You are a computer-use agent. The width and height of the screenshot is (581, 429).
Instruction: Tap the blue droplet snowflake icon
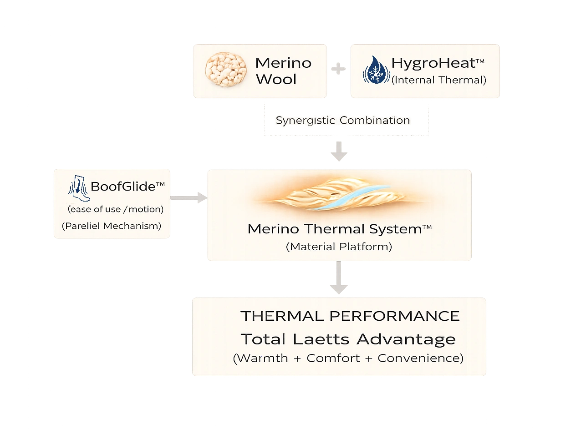376,71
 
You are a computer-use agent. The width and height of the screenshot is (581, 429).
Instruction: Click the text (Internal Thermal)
439,80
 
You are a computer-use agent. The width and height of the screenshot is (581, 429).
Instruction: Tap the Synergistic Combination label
342,121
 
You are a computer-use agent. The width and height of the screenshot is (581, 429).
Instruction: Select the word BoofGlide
127,187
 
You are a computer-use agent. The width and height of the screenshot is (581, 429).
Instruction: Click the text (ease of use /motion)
115,209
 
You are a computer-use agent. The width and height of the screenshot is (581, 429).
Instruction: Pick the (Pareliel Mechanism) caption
112,226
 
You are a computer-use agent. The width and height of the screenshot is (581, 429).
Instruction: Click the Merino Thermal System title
339,229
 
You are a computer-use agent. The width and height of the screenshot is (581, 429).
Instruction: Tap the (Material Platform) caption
339,247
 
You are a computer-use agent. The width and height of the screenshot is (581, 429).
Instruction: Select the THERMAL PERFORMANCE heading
350,316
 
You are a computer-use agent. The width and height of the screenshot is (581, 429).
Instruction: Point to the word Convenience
420,358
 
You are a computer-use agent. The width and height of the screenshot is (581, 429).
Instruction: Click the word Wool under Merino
276,79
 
